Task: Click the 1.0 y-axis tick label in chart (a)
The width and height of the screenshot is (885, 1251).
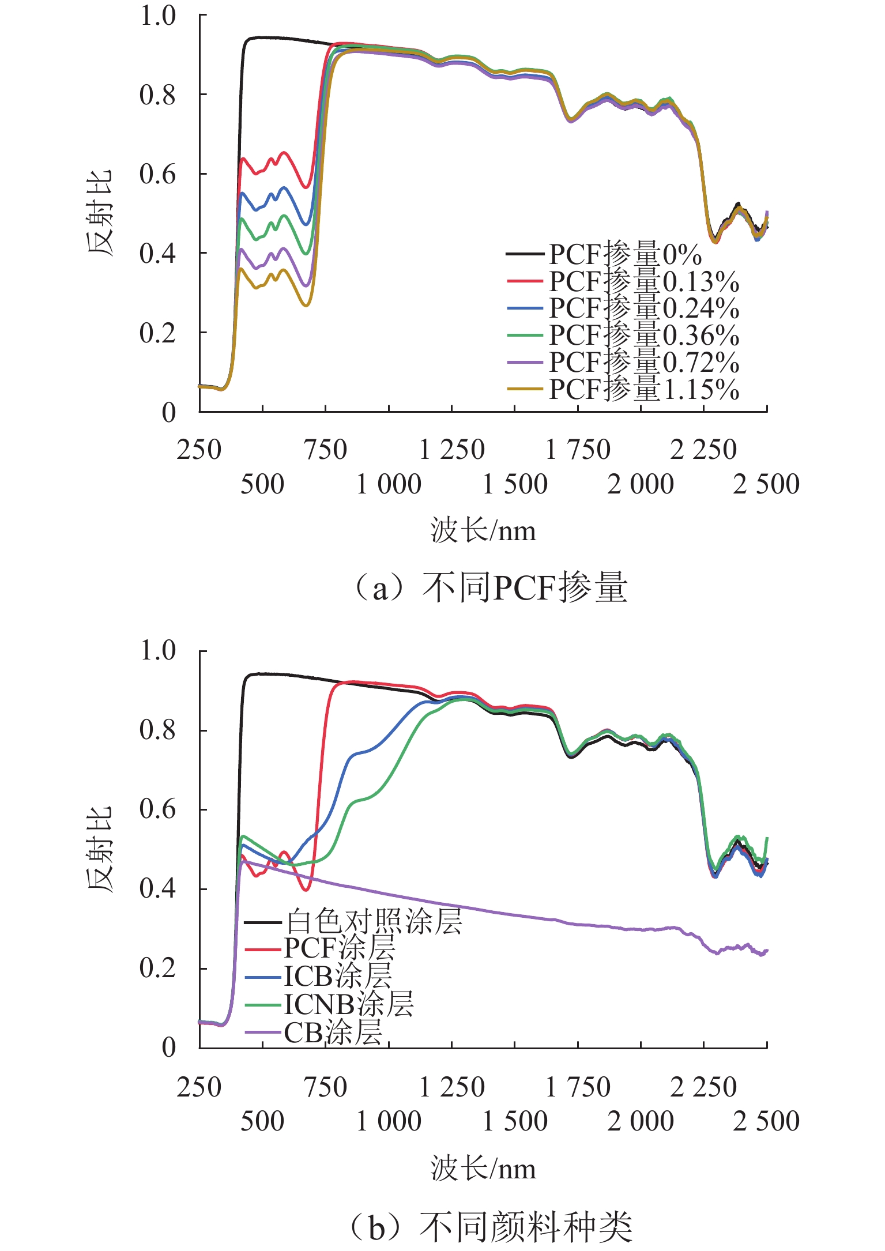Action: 157,16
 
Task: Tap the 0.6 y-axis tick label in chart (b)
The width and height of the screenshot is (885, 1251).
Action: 157,809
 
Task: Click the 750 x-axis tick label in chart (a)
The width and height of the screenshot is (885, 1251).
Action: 326,450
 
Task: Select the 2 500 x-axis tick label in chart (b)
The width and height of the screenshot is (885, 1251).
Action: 766,1121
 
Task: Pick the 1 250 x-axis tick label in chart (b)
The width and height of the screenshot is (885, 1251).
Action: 452,1088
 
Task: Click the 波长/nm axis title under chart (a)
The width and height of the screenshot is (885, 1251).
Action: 483,531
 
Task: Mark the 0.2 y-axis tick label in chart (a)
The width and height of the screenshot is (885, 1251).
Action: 157,333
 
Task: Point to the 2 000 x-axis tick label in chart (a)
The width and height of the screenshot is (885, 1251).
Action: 641,484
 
